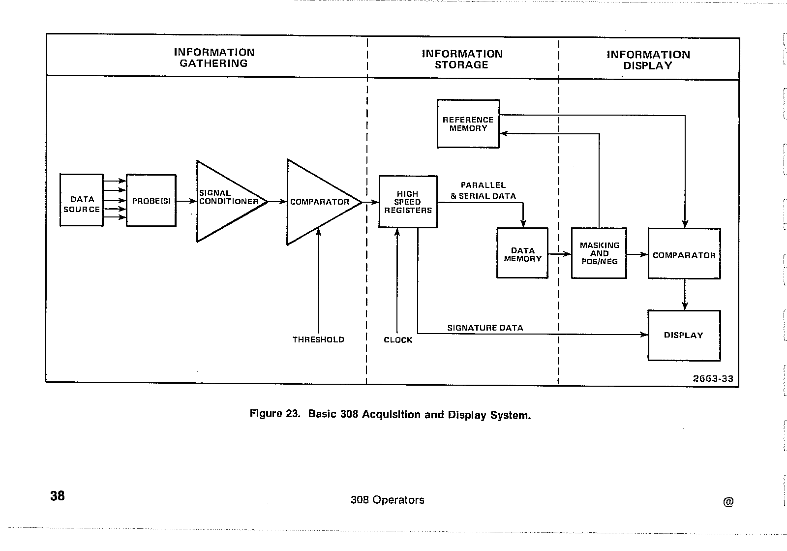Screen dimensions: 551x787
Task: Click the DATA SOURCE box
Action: click(x=82, y=200)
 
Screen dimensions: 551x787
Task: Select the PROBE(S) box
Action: click(x=151, y=201)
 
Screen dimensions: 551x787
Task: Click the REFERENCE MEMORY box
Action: click(x=468, y=124)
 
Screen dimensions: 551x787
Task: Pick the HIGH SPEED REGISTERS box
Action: click(x=408, y=202)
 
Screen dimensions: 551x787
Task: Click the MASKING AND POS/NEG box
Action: click(x=599, y=253)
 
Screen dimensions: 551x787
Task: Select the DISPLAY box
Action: click(x=684, y=336)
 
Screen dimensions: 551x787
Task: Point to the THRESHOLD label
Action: click(x=318, y=339)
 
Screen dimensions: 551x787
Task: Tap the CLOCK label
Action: click(x=398, y=340)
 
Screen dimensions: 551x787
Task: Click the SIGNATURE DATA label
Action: click(x=485, y=328)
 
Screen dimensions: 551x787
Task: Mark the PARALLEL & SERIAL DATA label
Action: click(x=483, y=190)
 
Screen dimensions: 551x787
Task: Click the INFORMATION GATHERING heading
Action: click(x=214, y=58)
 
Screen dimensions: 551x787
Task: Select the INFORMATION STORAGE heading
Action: click(x=462, y=59)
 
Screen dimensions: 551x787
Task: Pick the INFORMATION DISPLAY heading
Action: click(x=648, y=60)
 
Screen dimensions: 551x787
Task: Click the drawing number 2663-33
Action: click(x=713, y=378)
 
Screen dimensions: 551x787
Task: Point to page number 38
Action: click(x=58, y=495)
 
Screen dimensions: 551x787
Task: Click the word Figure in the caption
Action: click(x=266, y=413)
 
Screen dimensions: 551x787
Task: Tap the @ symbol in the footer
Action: click(x=728, y=502)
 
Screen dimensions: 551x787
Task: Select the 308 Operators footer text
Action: click(x=387, y=500)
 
